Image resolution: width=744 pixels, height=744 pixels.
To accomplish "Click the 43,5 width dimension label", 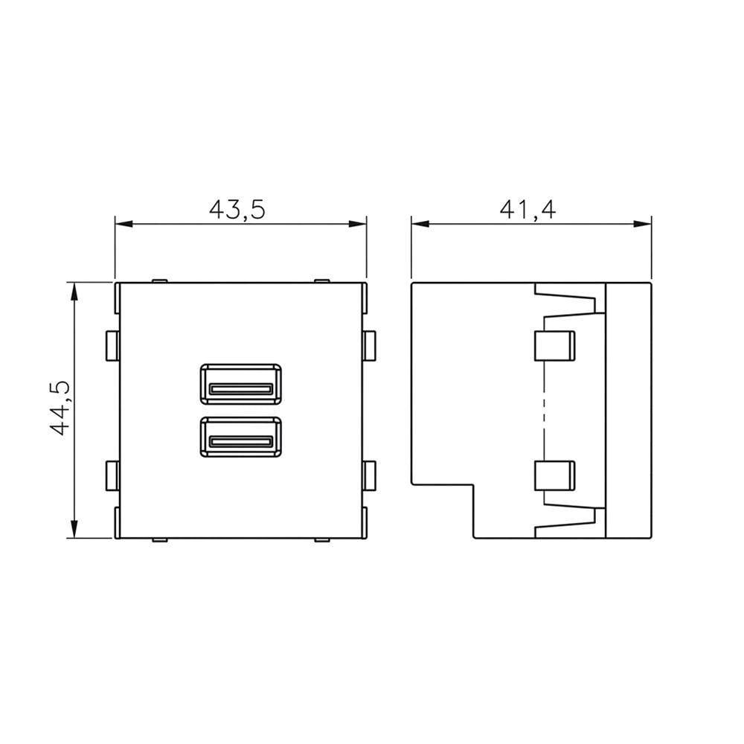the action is coord(237,209).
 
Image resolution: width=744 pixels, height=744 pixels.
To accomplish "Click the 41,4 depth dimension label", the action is coord(527,209).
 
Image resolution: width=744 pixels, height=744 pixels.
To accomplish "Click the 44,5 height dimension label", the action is coord(60,408).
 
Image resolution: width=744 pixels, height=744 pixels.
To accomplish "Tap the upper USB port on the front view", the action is coord(241,384).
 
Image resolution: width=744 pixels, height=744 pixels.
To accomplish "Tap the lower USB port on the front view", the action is coord(241,437).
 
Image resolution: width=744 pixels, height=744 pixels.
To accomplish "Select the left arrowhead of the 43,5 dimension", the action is coord(124,224).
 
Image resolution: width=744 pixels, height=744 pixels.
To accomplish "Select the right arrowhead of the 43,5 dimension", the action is coord(358,224).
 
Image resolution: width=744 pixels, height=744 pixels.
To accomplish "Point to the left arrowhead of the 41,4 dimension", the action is coord(420,224).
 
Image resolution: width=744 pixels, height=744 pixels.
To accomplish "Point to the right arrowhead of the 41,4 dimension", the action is coord(643,224).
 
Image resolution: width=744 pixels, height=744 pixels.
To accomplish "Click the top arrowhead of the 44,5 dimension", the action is coord(74,292).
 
